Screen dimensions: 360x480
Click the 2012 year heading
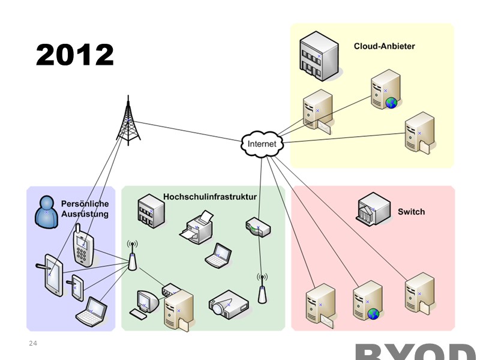74,55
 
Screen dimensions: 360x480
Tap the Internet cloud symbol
262,144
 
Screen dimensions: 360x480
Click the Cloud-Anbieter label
384,46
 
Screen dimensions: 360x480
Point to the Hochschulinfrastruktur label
210,197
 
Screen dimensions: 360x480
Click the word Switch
411,212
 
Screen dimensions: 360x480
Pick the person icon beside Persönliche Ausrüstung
46,211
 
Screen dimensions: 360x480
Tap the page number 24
33,343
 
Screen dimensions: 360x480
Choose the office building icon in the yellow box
319,56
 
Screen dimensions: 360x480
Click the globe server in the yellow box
385,92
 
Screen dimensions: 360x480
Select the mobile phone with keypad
82,245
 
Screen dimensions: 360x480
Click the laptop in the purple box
91,311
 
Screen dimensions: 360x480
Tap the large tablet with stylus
52,275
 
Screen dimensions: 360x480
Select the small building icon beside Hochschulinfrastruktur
150,211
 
